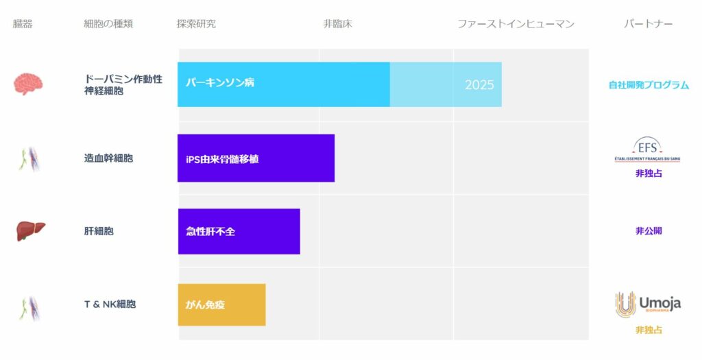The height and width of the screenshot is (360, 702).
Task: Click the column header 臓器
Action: pos(23,24)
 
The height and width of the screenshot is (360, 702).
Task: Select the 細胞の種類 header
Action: pos(108,24)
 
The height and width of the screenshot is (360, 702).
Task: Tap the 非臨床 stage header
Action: pos(337,24)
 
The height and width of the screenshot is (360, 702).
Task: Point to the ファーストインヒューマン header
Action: pos(516,24)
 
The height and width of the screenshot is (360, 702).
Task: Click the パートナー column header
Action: pos(649,24)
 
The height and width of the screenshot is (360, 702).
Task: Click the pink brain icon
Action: pos(28,84)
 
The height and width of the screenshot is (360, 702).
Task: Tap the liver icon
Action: pos(30,231)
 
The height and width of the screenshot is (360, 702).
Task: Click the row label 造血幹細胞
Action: pos(108,158)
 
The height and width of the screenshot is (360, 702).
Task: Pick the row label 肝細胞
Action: pos(99,231)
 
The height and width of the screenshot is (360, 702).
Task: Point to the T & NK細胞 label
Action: pos(110,304)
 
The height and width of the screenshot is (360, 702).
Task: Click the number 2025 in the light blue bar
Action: pos(479,84)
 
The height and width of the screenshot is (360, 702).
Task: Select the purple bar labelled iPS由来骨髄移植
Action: pos(256,158)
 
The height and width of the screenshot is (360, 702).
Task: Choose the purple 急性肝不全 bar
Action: pos(239,231)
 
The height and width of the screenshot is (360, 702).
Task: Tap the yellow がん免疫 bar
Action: pos(221,304)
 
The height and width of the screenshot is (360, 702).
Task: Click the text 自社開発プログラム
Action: pos(649,84)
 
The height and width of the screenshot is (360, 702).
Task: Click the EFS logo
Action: pos(647,149)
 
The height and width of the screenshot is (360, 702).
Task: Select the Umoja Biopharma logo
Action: pos(648,304)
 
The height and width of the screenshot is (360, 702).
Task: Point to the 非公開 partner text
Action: pos(649,231)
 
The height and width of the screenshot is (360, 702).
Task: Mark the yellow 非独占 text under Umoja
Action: pos(649,330)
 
